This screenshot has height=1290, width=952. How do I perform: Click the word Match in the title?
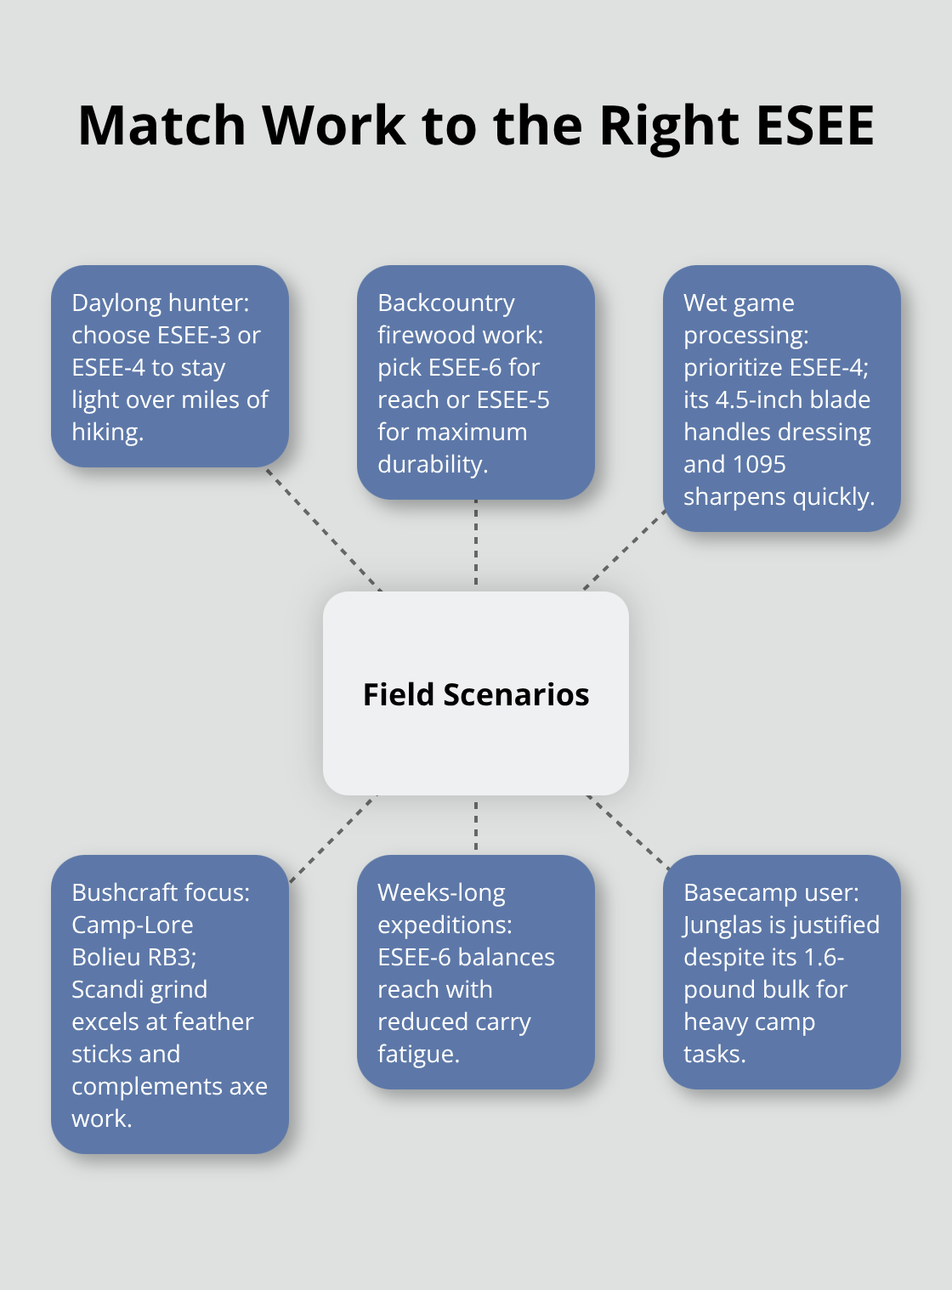point(161,126)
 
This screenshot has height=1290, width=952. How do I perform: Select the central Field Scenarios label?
point(476,694)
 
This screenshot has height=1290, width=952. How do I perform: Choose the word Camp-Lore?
point(133,925)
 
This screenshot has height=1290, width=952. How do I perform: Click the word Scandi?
point(105,989)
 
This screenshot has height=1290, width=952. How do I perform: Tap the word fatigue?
point(418,1054)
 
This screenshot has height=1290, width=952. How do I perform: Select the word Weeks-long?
point(441,892)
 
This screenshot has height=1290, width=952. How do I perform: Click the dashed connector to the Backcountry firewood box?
point(476,544)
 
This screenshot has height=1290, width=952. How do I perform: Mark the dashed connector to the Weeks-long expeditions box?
point(476,824)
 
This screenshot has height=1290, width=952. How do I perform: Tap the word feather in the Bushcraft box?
point(212,1021)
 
